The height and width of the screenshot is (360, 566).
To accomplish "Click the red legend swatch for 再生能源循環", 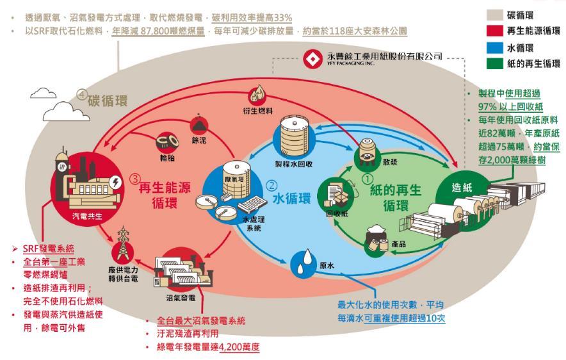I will [x=492, y=30].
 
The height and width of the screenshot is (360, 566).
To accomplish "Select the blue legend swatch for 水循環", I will [x=492, y=47].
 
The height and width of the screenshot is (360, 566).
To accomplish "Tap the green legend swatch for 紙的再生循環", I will [x=492, y=63].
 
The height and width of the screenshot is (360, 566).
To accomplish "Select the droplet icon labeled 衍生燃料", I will [x=260, y=94].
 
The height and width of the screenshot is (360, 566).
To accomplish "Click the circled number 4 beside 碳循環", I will [x=81, y=95].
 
